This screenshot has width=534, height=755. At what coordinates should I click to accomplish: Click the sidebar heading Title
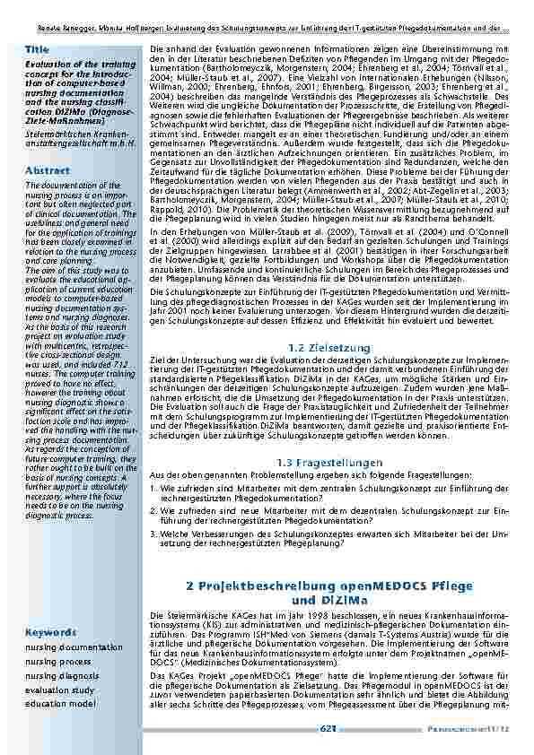(38, 48)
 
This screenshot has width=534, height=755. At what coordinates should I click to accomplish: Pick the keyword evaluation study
(59, 690)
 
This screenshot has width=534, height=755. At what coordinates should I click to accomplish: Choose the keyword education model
(60, 704)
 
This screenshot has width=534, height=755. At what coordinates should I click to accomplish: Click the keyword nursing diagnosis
(62, 675)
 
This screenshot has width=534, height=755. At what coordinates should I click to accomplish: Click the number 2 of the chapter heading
(191, 585)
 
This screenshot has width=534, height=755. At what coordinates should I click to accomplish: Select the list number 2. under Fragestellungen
(153, 510)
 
